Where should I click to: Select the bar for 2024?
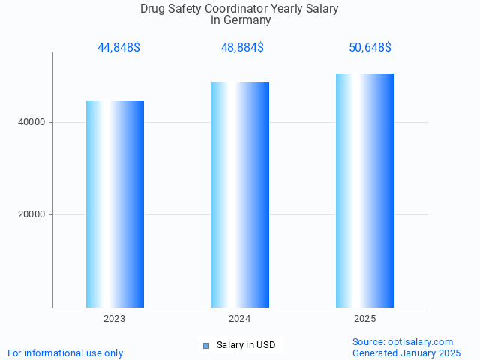240,195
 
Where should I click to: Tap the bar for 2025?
365,190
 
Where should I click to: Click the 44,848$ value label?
118,48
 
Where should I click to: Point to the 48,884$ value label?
242,48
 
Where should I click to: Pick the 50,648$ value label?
370,48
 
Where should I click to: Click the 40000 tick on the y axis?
32,122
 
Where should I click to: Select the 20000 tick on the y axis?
32,214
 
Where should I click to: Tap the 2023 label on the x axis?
115,319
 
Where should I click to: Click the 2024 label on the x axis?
240,319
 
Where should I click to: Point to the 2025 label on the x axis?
365,319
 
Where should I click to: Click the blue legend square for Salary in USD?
206,345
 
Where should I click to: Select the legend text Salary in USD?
246,345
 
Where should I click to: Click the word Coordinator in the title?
235,9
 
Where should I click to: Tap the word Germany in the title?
247,20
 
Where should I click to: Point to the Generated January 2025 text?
406,352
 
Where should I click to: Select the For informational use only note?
65,352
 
